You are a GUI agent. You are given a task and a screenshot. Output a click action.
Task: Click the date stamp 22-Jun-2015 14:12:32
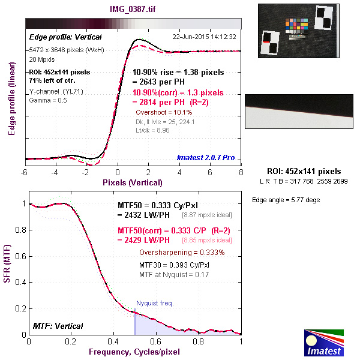pyautogui.click(x=204, y=37)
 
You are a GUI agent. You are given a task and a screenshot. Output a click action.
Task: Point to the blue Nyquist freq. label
pyautogui.click(x=155, y=303)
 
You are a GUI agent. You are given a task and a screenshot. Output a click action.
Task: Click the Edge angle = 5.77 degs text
pyautogui.click(x=283, y=199)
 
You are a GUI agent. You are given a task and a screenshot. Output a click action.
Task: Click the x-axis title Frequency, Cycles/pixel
pyautogui.click(x=135, y=351)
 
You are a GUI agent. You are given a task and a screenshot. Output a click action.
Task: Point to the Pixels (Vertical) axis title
pyautogui.click(x=133, y=182)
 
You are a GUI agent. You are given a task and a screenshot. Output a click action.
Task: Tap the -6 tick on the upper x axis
pyautogui.click(x=25, y=172)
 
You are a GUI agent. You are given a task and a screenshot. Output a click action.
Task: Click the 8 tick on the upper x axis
pyautogui.click(x=241, y=172)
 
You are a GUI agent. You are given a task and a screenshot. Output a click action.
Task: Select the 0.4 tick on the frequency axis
pyautogui.click(x=113, y=341)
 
